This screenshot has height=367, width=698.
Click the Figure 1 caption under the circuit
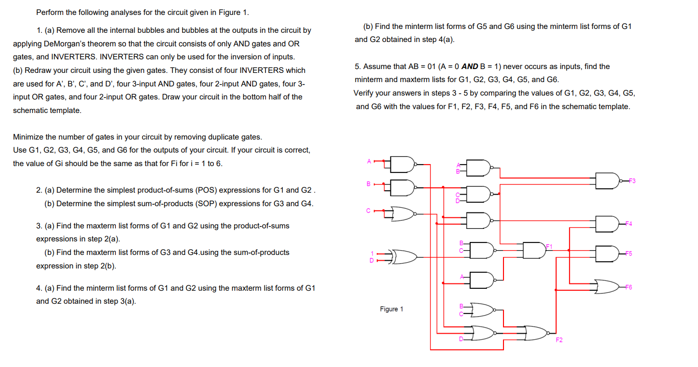click(391, 309)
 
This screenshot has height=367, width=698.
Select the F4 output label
click(629, 224)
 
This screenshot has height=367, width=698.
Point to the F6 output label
click(629, 287)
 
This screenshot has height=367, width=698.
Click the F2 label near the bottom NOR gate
click(558, 340)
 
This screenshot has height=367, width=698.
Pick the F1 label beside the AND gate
click(549, 246)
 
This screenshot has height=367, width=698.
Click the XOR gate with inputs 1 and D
click(403, 257)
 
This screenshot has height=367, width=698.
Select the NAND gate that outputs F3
click(607, 181)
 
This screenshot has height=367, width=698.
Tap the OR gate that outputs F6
click(607, 286)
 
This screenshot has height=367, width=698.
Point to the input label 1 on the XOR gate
click(372, 254)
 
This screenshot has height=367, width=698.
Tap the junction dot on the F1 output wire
click(569, 250)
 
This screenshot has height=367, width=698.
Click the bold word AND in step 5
click(470, 67)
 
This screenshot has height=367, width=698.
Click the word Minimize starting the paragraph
click(28, 137)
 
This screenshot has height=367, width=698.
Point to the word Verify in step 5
click(364, 93)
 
